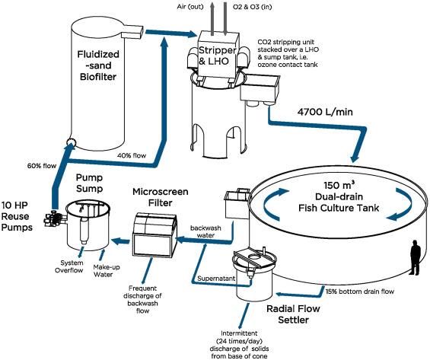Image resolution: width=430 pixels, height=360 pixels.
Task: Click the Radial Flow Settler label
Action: (312, 314)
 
